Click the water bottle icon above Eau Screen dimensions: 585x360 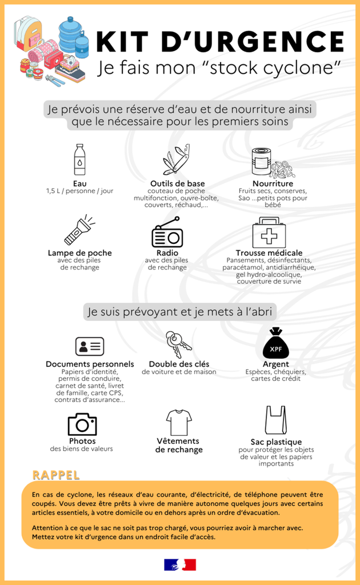[80, 159]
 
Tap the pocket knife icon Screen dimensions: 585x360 [176, 160]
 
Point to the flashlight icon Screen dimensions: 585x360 [79, 230]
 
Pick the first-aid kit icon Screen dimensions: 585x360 [269, 233]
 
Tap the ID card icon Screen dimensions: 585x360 [90, 346]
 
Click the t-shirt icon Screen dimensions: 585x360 [179, 422]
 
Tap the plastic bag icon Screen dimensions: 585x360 [275, 420]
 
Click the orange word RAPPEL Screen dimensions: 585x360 [56, 475]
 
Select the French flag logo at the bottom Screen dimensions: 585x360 [180, 564]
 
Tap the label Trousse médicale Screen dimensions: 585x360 [269, 253]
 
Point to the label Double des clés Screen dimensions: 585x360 [179, 364]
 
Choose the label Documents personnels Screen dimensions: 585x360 [90, 364]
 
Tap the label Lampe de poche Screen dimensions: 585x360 [80, 253]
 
